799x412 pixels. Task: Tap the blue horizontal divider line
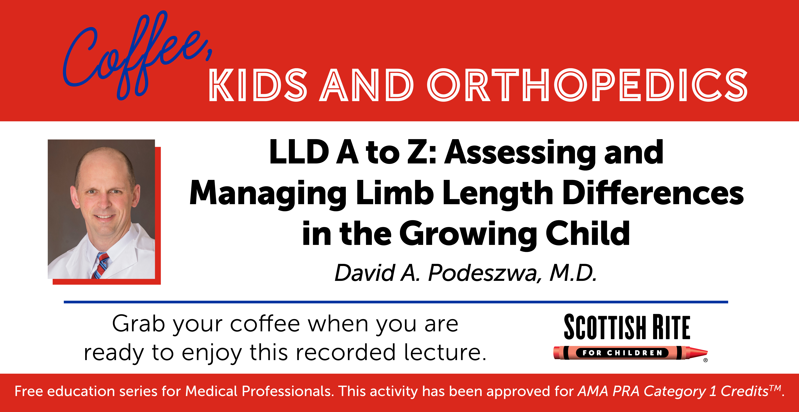click(x=396, y=302)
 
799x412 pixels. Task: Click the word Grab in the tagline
click(x=138, y=324)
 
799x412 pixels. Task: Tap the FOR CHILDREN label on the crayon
click(x=622, y=353)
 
